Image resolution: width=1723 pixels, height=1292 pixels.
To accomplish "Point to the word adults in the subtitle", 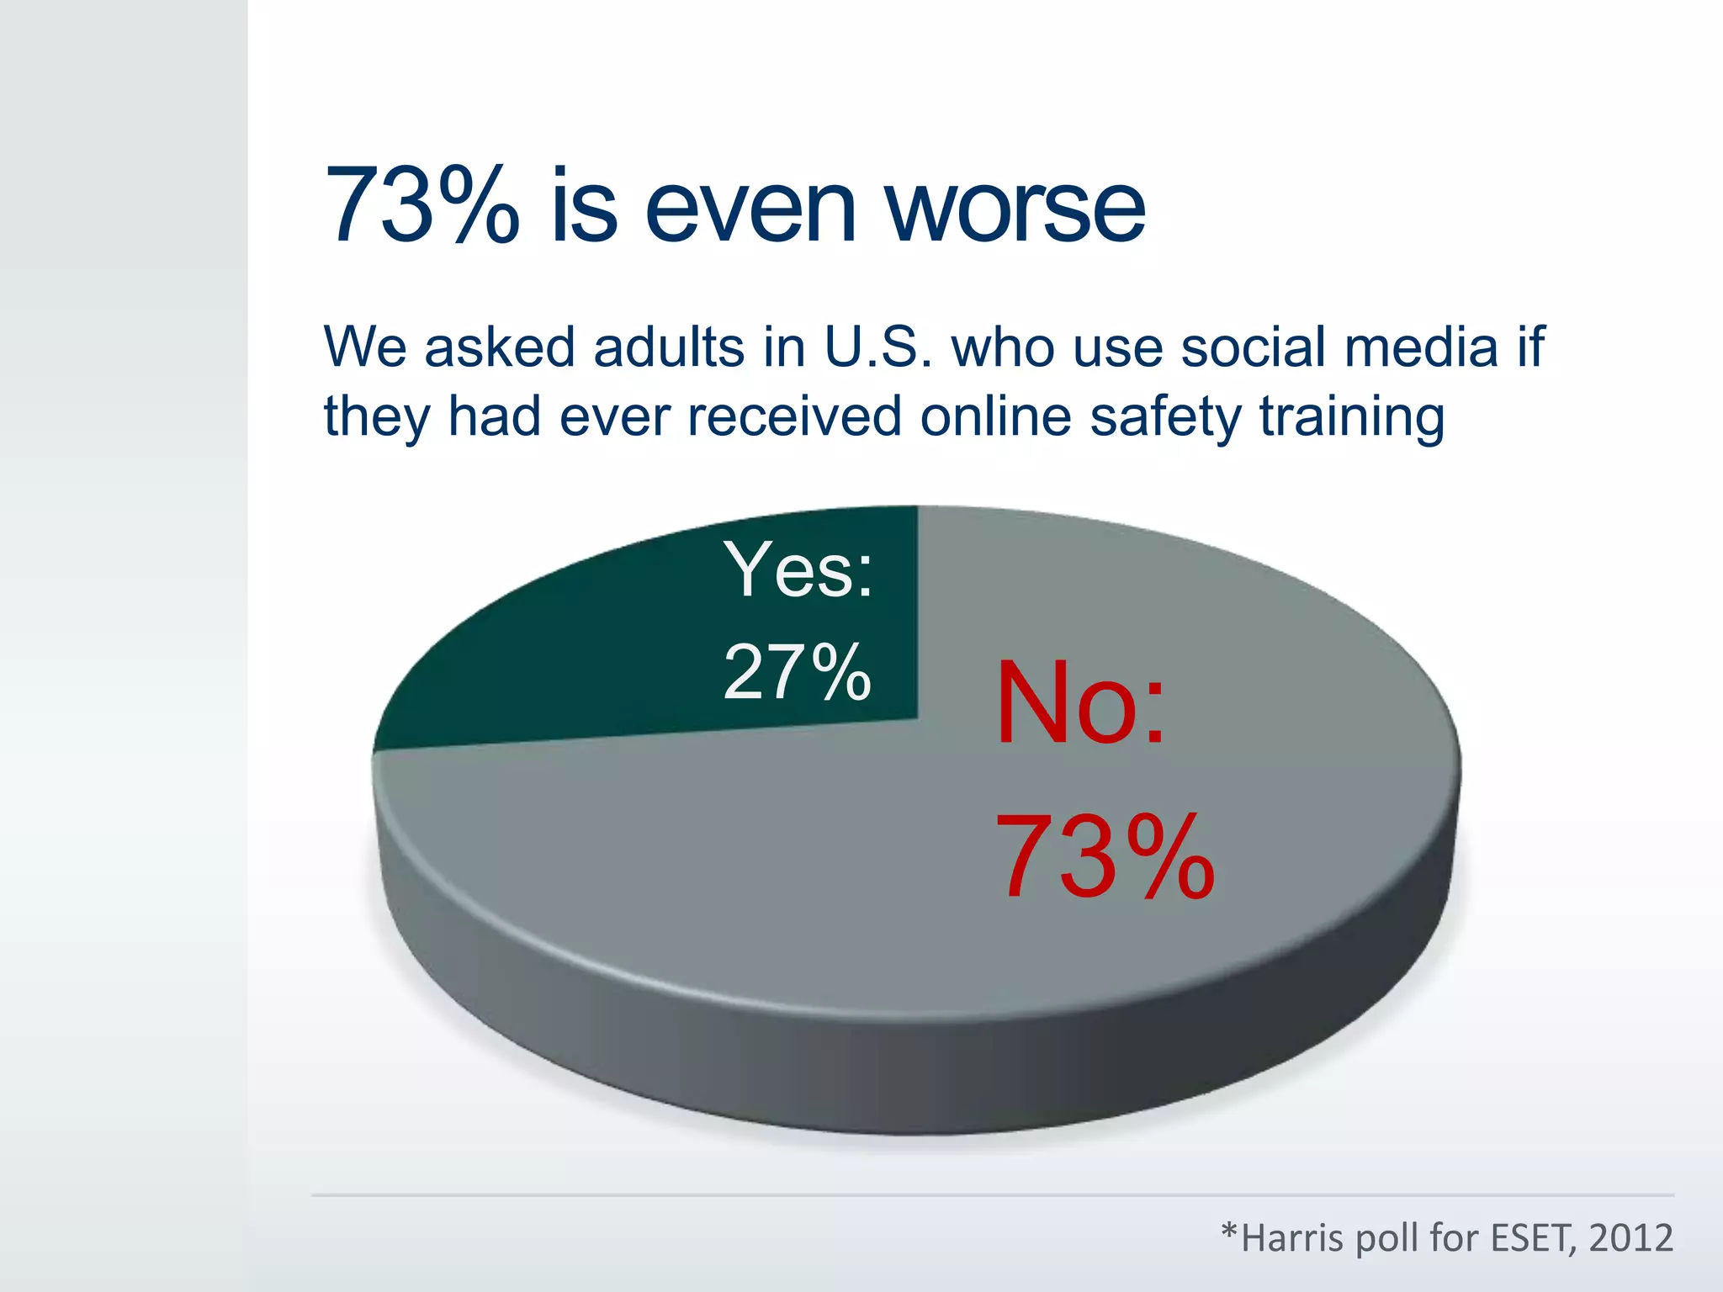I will point(669,347).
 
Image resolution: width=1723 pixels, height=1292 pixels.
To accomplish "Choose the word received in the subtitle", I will point(794,416).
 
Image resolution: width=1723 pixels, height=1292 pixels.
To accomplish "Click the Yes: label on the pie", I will point(798,570).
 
